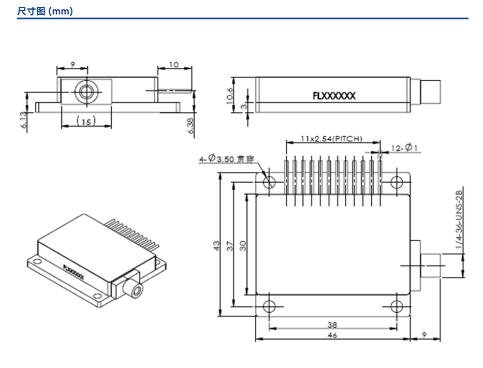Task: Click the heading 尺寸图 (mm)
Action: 45,10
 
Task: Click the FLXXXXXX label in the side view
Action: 334,95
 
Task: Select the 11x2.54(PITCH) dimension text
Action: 331,139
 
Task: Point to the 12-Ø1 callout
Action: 404,148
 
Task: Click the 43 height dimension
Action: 217,244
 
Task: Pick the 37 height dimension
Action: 231,244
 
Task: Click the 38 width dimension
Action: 332,325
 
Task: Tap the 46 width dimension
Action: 332,335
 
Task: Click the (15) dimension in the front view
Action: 86,121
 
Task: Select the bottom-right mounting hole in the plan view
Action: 397,306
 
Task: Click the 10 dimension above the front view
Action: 173,65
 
